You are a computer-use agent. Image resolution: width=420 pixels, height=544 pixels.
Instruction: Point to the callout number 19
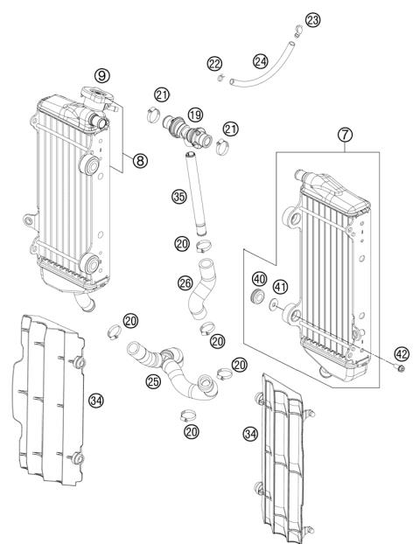coord(194,115)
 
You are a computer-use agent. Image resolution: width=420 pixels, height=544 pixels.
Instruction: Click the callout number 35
coord(179,197)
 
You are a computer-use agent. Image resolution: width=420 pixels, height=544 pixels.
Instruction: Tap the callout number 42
coord(402,355)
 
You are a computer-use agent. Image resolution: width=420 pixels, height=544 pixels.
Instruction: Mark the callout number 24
coord(260,61)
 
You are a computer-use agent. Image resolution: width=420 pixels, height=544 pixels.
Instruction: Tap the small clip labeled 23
coord(298,36)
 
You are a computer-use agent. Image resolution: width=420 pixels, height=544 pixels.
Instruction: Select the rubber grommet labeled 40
coord(257,301)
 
